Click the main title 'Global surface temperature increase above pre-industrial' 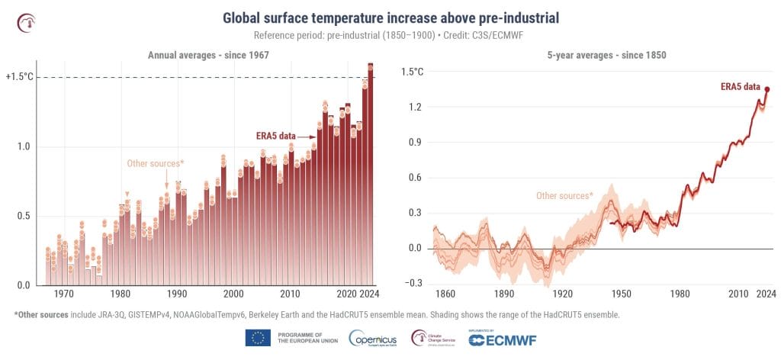click(390, 18)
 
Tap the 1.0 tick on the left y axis click(24, 146)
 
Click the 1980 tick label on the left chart click(121, 294)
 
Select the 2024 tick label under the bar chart click(370, 294)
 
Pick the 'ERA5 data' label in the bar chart click(275, 137)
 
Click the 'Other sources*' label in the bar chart click(155, 163)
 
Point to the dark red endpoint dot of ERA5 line click(767, 89)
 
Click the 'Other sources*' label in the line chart click(564, 196)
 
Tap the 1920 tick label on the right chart click(561, 294)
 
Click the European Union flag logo click(258, 338)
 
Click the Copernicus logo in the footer click(371, 338)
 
